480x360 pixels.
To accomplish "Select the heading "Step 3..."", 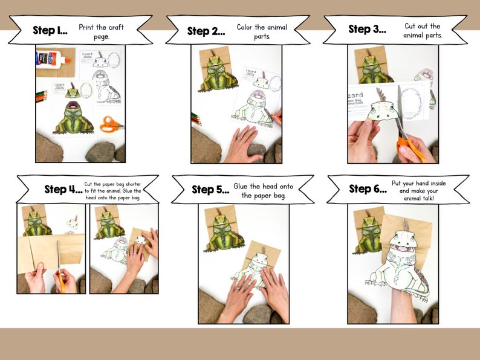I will pyautogui.click(x=367, y=30).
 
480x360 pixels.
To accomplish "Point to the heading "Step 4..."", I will pyautogui.click(x=63, y=189).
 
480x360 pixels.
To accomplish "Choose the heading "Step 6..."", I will pyautogui.click(x=368, y=189).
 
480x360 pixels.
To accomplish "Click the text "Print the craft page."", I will pyautogui.click(x=101, y=31).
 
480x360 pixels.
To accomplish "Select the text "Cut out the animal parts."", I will pyautogui.click(x=423, y=30).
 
